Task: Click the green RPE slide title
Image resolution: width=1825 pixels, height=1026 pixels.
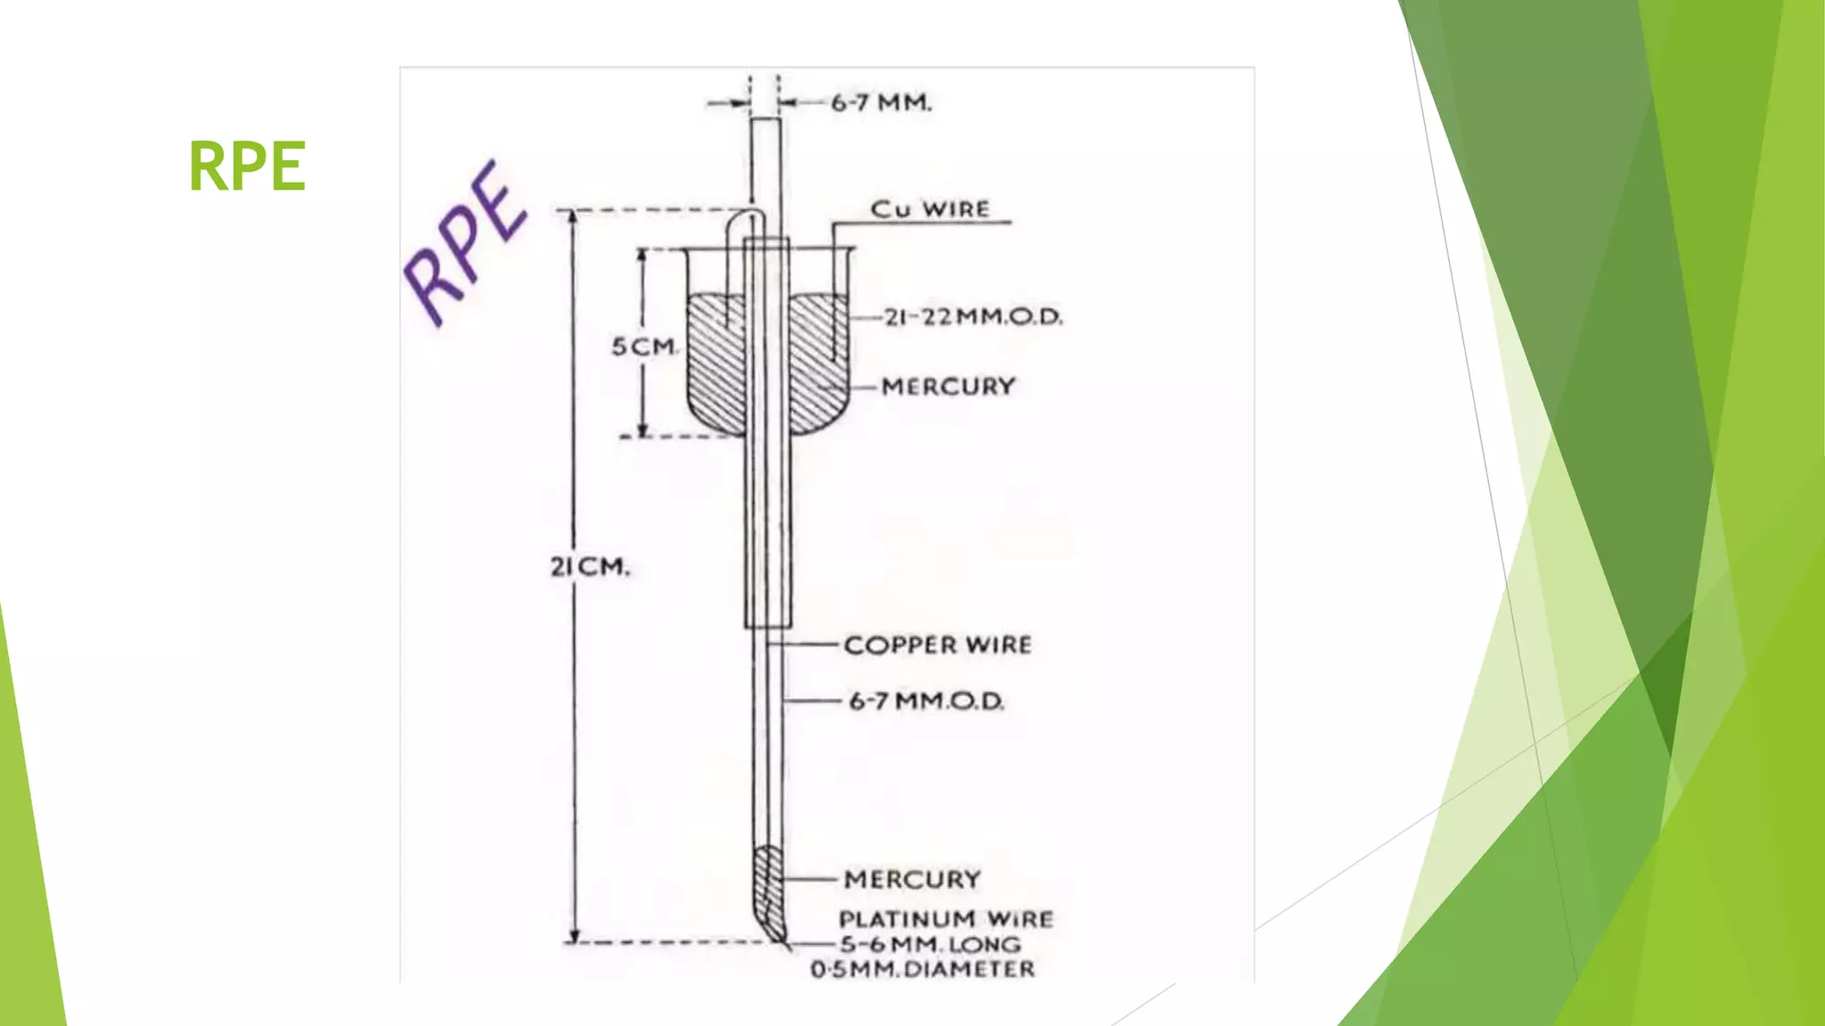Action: (x=248, y=166)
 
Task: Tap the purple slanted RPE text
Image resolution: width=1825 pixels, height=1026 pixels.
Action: (x=465, y=242)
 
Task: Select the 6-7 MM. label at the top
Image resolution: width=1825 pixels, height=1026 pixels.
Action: (x=881, y=103)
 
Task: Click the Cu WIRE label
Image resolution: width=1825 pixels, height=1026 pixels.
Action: (x=929, y=209)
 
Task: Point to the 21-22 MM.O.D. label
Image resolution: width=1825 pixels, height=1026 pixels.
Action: (x=973, y=317)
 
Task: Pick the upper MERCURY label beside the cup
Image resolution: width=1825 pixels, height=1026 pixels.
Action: (x=948, y=387)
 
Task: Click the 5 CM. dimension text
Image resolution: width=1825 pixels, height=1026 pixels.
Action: (x=644, y=346)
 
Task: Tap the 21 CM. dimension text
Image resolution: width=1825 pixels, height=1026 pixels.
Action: (x=590, y=566)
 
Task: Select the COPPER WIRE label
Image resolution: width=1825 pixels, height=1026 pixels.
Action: (x=937, y=645)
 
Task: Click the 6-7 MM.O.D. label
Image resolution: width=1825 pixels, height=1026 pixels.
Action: (x=927, y=702)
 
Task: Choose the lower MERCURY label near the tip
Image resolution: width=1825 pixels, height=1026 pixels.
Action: (x=912, y=880)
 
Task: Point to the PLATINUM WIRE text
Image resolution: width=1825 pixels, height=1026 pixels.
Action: (x=946, y=919)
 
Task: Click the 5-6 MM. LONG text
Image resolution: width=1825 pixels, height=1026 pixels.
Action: (x=929, y=944)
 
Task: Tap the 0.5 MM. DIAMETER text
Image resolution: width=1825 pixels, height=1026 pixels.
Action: (x=923, y=969)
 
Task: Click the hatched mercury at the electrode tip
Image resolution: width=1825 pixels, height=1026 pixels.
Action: (x=769, y=891)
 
